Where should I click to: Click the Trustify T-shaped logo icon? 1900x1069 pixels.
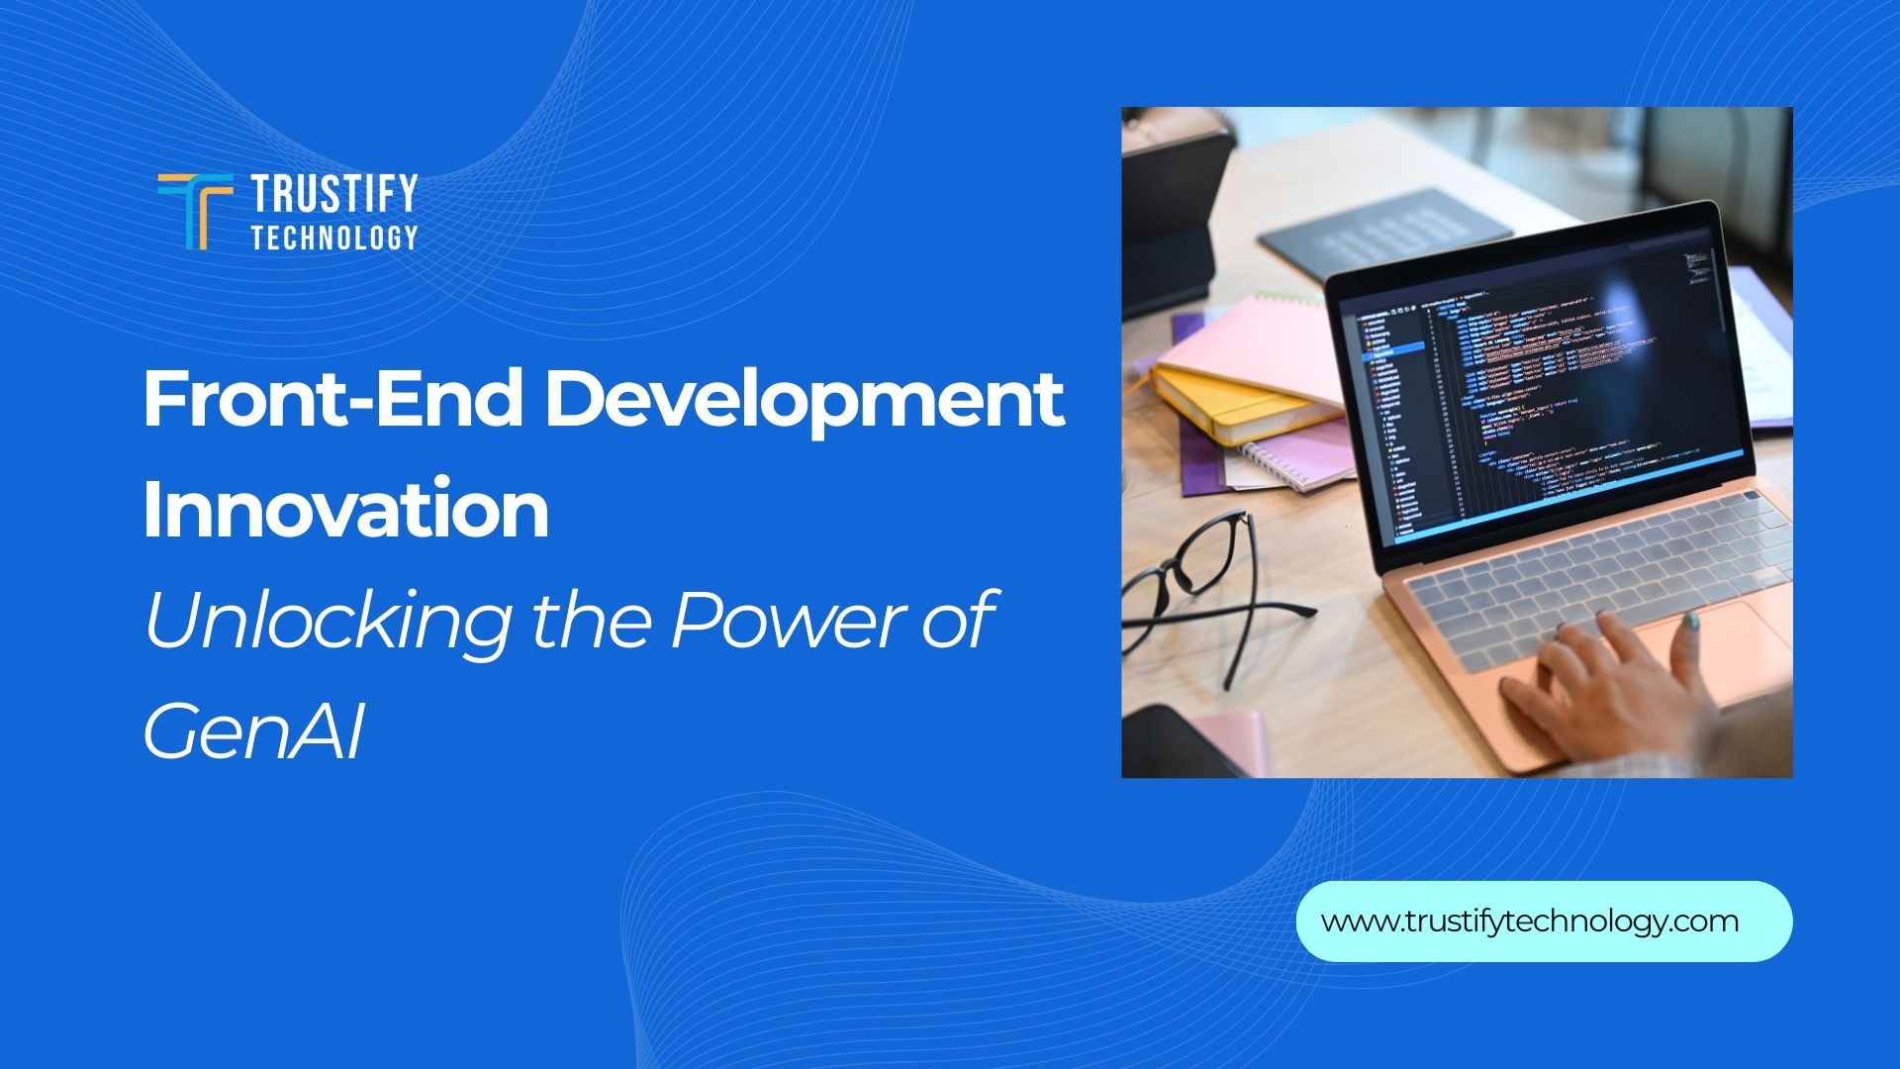coord(195,211)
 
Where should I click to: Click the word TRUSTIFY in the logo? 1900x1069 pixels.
coord(334,193)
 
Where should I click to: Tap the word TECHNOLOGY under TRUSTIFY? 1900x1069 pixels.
coord(334,238)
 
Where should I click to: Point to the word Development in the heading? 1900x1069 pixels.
coord(805,400)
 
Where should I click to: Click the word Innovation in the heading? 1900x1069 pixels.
coord(345,509)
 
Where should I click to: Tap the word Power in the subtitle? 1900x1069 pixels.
coord(774,620)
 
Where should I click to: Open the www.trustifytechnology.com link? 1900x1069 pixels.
coord(1530,922)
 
